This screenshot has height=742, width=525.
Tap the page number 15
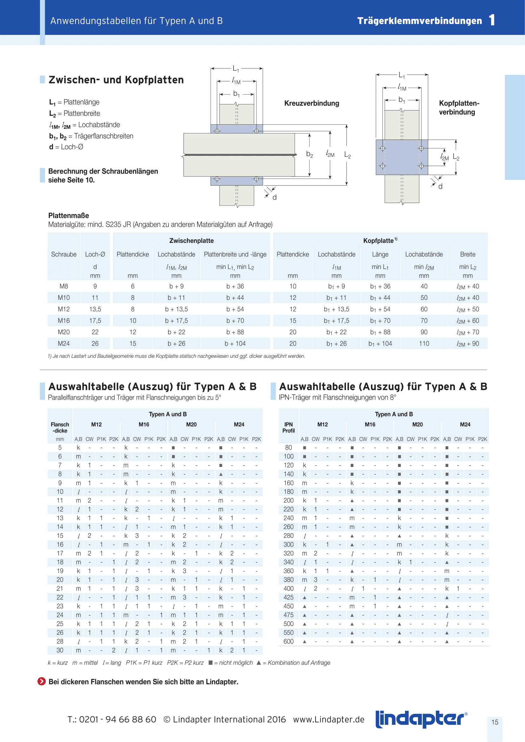point(495,722)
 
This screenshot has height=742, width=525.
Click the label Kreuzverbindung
point(312,103)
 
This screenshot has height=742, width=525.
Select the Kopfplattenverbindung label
point(459,108)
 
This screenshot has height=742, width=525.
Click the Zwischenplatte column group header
point(191,241)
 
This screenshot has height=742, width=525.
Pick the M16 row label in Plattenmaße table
point(64,321)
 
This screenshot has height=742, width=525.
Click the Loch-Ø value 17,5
point(95,321)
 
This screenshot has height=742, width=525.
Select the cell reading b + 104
point(235,344)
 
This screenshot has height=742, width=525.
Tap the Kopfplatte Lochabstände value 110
point(424,344)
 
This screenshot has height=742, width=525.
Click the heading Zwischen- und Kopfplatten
point(116,80)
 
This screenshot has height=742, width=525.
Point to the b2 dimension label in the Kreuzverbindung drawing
point(309,154)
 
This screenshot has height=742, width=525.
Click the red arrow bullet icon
point(42,681)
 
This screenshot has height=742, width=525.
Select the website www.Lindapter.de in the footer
point(329,719)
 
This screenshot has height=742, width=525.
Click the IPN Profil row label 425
point(288,597)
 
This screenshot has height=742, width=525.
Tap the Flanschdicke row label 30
point(60,650)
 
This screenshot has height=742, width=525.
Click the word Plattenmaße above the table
point(69,215)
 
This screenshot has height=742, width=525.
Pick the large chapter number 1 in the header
point(492,20)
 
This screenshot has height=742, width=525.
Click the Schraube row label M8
point(64,286)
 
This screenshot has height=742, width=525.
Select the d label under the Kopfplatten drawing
point(440,187)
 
